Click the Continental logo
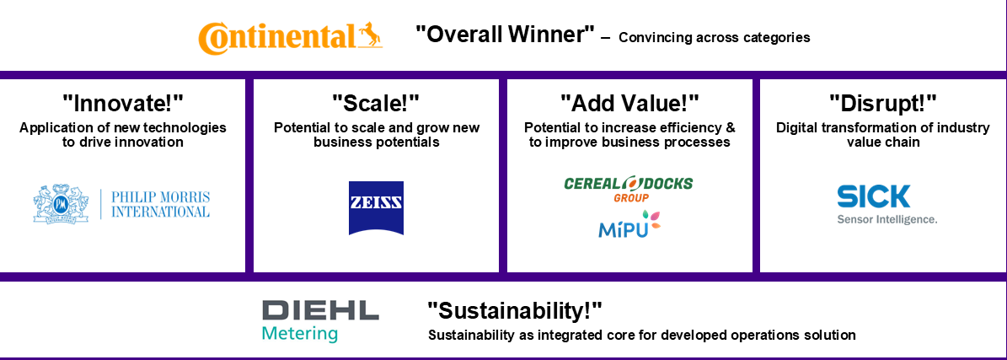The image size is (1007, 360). click(x=290, y=36)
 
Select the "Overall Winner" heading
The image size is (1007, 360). click(x=505, y=34)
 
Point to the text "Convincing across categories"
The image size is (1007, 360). click(x=714, y=37)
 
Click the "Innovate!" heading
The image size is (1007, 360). click(x=123, y=103)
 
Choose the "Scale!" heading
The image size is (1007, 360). click(x=377, y=103)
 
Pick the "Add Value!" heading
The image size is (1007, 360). click(x=629, y=103)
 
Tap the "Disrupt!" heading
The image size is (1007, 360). click(x=883, y=103)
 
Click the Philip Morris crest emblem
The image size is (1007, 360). click(x=61, y=203)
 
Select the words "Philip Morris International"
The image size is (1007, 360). click(x=161, y=204)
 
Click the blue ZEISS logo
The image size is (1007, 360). click(x=377, y=207)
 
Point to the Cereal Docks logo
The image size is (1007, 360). click(x=629, y=189)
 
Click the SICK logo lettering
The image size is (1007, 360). click(x=874, y=196)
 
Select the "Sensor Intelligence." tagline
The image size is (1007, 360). click(x=886, y=219)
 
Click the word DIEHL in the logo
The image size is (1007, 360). click(x=320, y=310)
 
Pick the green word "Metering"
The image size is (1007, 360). click(x=300, y=334)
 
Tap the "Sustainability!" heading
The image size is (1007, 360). click(x=515, y=312)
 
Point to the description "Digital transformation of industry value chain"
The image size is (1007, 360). click(x=883, y=135)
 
